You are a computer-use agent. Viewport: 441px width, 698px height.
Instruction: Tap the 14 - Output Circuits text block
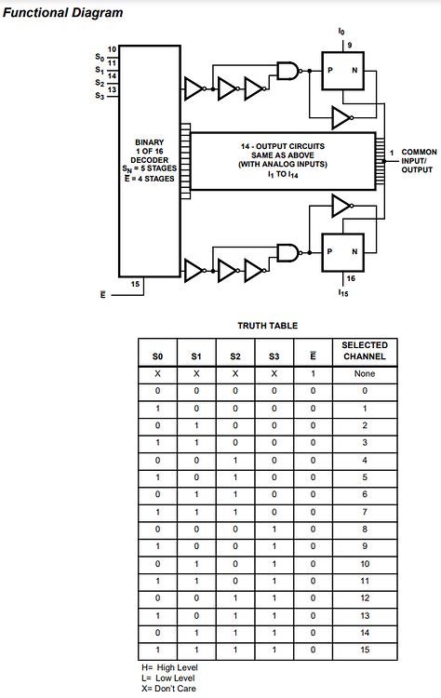point(284,160)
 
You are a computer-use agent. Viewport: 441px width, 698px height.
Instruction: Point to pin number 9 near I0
point(349,45)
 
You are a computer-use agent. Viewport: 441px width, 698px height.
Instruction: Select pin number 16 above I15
point(350,277)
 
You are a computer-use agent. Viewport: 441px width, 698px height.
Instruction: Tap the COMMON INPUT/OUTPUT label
point(418,160)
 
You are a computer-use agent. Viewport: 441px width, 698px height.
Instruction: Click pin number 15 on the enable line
point(136,284)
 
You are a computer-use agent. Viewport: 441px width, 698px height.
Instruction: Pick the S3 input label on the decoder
point(100,95)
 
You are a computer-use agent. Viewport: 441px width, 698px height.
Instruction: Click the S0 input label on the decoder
point(100,57)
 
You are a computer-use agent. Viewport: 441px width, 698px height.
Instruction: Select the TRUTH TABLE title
point(267,326)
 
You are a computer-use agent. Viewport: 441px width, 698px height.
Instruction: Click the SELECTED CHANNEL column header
point(365,351)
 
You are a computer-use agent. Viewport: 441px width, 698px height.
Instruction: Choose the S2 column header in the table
point(235,356)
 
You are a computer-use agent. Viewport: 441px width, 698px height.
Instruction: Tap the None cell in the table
point(365,373)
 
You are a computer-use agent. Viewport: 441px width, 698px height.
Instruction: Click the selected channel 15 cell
point(365,649)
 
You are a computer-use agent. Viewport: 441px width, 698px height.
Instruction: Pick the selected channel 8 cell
point(365,530)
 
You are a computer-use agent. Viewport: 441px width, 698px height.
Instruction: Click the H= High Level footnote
point(169,667)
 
